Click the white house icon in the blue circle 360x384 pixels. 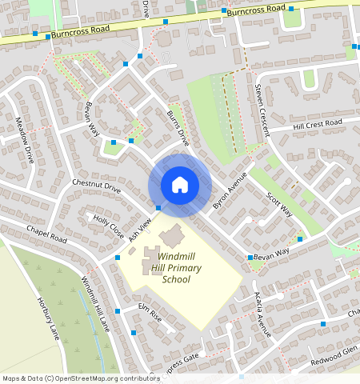pyautogui.click(x=180, y=185)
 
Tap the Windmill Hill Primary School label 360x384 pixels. pyautogui.click(x=181, y=268)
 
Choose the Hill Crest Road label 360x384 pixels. pyautogui.click(x=317, y=125)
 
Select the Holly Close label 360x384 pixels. pyautogui.click(x=109, y=228)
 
